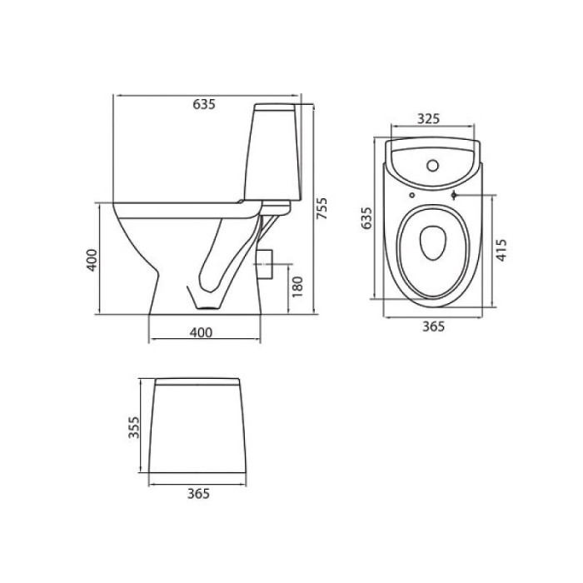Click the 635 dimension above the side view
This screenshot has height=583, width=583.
(204, 104)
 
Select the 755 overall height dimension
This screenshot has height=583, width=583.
(321, 208)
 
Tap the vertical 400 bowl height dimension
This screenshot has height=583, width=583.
(92, 260)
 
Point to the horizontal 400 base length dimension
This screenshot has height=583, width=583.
(202, 332)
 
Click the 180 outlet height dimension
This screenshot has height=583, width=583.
(297, 287)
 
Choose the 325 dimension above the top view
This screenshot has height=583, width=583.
(428, 118)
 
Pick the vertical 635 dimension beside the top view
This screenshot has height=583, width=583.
(366, 218)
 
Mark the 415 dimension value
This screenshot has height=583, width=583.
(501, 250)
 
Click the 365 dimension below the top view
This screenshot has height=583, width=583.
(434, 326)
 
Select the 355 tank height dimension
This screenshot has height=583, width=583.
(134, 427)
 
